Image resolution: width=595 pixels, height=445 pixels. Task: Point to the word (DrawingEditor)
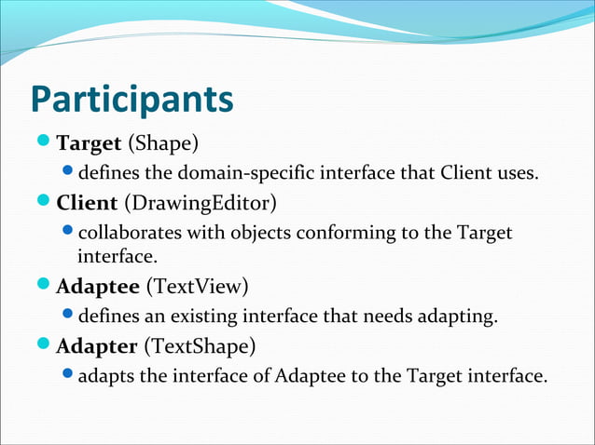point(200,202)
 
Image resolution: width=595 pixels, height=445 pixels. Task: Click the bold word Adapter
point(96,347)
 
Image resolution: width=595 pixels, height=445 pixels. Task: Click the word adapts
point(105,376)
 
